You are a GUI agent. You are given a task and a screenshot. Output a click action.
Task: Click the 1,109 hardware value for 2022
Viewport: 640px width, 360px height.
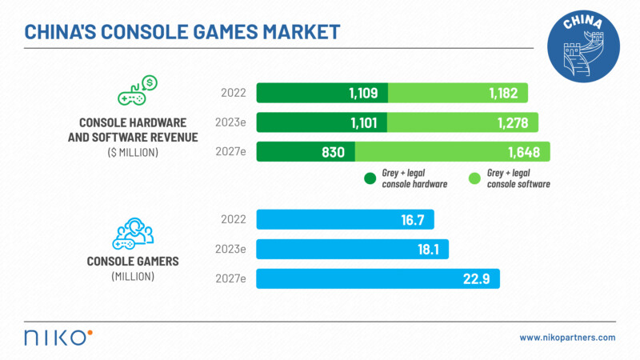click(x=362, y=93)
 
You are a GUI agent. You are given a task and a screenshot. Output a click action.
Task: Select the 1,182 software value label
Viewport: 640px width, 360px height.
click(x=503, y=93)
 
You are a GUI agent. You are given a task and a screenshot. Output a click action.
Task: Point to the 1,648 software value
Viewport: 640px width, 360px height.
click(x=522, y=152)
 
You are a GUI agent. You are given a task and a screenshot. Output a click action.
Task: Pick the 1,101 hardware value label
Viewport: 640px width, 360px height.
click(x=362, y=122)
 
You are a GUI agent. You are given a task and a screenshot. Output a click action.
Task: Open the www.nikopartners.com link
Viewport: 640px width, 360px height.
click(x=567, y=338)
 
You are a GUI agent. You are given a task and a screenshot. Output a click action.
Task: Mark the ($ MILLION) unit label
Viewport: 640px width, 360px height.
click(x=133, y=151)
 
